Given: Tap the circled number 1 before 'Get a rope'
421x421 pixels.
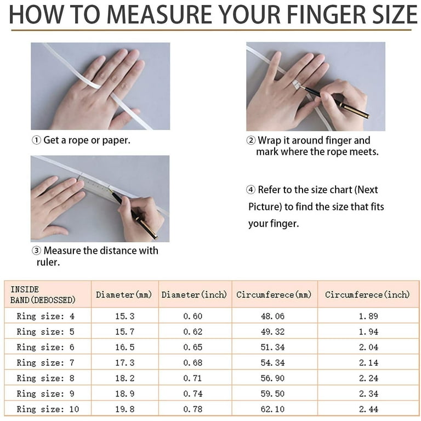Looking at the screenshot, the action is click(36, 140).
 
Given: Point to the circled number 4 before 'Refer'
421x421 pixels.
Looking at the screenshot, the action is click(251, 190).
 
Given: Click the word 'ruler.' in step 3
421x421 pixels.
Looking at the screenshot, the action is click(48, 262).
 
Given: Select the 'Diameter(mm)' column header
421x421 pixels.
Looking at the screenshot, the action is click(124, 294).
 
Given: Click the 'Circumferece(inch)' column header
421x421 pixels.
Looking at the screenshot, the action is click(367, 294).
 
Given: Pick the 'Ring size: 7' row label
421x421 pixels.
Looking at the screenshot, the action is click(45, 363).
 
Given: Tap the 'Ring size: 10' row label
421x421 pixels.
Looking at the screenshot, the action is click(48, 409).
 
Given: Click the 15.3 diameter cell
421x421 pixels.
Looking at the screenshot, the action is click(125, 316).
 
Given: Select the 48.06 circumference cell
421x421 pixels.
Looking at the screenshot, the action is click(272, 316).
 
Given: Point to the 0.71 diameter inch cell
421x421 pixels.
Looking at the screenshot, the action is click(192, 378).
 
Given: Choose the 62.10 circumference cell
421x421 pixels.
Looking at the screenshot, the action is click(272, 409).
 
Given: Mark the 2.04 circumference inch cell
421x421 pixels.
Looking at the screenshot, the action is click(368, 347).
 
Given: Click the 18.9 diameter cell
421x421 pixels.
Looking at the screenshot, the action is click(125, 394).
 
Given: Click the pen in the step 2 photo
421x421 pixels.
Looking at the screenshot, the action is click(334, 101).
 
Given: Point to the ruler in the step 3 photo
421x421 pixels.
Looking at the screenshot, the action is click(98, 188).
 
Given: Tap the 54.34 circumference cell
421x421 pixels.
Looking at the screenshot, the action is click(272, 363).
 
